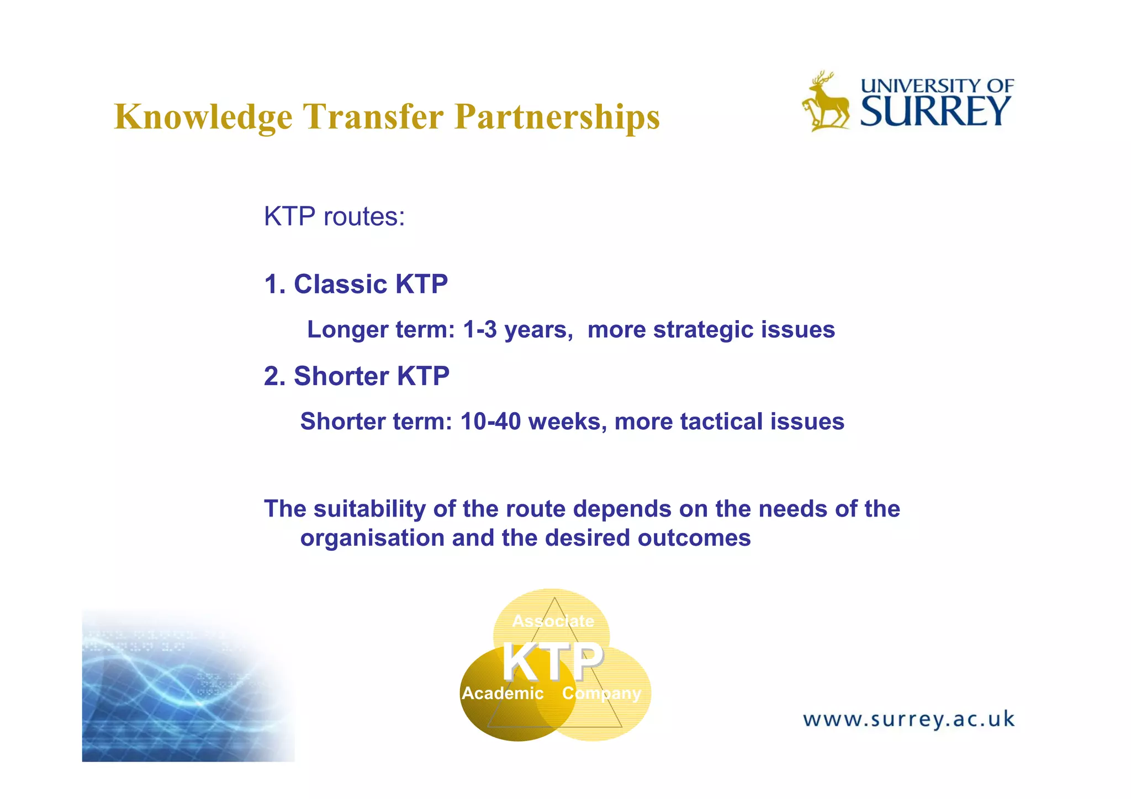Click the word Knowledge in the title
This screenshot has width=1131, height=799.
pyautogui.click(x=203, y=117)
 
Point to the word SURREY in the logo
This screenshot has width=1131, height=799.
pyautogui.click(x=936, y=111)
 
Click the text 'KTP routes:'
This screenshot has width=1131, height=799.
pyautogui.click(x=334, y=216)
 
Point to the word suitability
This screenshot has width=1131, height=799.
pyautogui.click(x=369, y=509)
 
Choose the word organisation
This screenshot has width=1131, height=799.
pyautogui.click(x=372, y=538)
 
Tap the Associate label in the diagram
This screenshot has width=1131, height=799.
pyautogui.click(x=553, y=621)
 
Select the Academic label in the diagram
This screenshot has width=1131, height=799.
pyautogui.click(x=502, y=693)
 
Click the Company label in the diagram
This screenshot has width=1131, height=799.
pyautogui.click(x=601, y=693)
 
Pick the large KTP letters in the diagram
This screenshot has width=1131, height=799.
pyautogui.click(x=552, y=662)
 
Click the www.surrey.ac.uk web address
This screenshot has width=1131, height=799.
pyautogui.click(x=908, y=720)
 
